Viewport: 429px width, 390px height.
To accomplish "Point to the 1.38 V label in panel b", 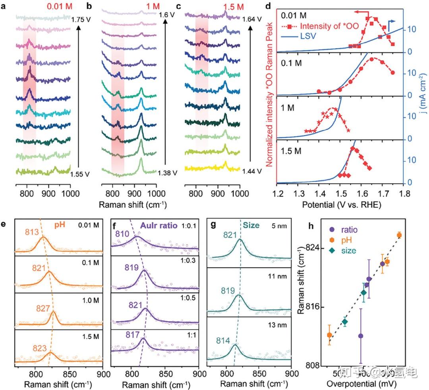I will point(166,173).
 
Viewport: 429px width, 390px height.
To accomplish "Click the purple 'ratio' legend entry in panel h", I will point(349,230).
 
